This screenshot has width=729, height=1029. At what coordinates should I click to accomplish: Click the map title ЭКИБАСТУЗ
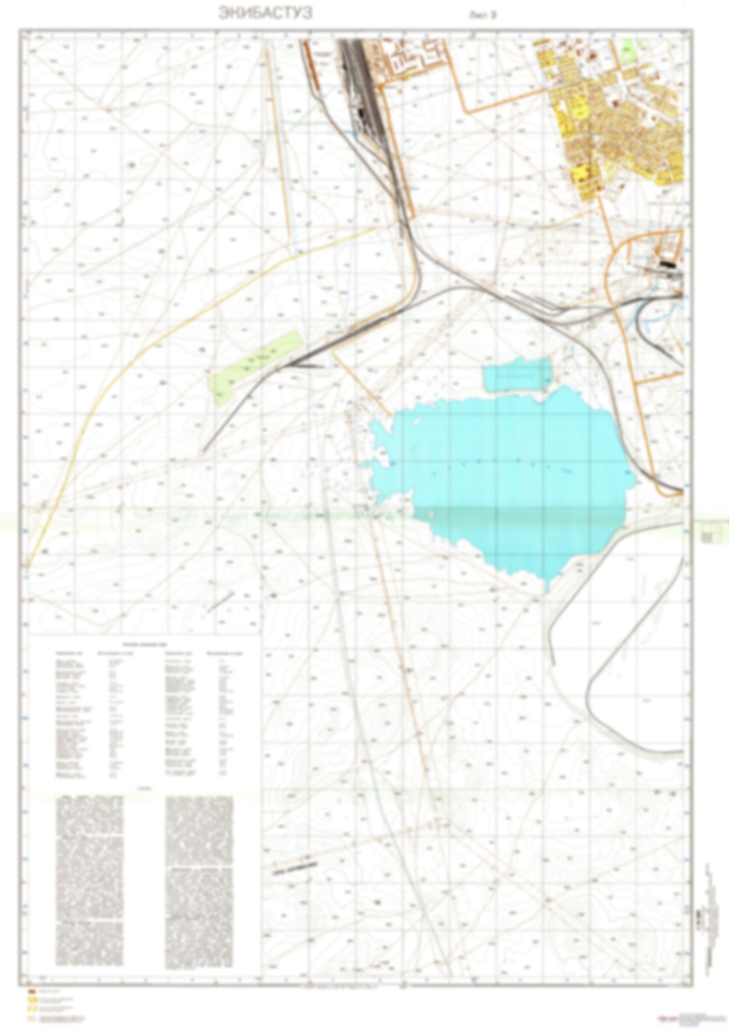tap(265, 14)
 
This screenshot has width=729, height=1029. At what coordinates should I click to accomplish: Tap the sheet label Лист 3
tap(482, 15)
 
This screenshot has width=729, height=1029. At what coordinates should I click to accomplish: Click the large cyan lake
tap(504, 479)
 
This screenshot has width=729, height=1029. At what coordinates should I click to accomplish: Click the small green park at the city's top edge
tap(628, 50)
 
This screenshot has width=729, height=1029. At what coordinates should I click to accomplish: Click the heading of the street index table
tap(146, 644)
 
